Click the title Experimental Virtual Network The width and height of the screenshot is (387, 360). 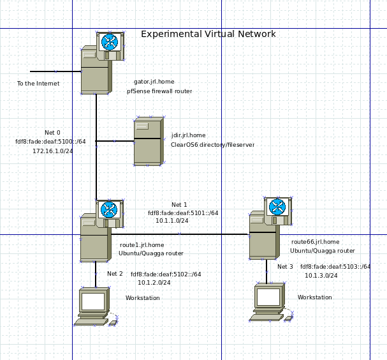208,34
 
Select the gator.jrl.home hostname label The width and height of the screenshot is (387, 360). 155,82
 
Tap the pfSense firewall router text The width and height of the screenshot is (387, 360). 159,91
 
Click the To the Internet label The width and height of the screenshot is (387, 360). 38,84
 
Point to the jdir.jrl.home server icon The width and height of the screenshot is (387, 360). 147,142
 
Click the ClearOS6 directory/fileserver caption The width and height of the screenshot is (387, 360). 212,145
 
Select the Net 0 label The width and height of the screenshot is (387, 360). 52,132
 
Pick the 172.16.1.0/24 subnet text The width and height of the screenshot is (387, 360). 54,151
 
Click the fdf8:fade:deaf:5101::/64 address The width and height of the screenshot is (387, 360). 183,213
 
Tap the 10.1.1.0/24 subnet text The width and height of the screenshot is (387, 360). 172,220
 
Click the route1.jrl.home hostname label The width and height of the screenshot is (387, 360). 142,244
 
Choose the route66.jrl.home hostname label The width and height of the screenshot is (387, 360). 315,242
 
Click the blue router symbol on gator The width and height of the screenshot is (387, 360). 110,42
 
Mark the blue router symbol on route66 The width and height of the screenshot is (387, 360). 277,207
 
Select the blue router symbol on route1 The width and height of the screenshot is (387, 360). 110,209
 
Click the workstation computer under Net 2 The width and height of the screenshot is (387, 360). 94,306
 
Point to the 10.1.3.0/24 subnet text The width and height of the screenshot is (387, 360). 321,276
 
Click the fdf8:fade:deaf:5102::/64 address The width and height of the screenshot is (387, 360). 166,274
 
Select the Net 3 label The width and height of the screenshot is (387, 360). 285,267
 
